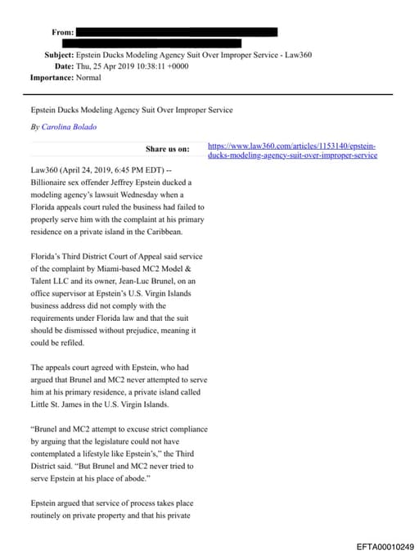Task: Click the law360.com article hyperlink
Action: coord(292,150)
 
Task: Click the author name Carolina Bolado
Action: coord(63,127)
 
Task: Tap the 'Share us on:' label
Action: coord(167,149)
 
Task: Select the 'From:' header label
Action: coord(62,32)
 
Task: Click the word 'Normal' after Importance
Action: coord(88,78)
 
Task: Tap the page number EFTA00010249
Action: coord(385,546)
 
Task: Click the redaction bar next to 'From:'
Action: coord(176,32)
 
